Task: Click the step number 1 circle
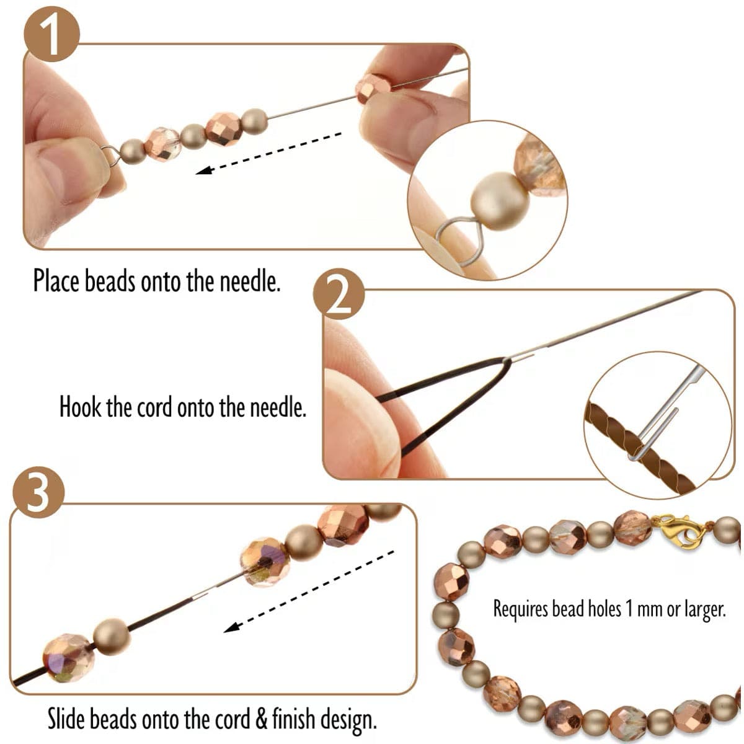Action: [x=52, y=36]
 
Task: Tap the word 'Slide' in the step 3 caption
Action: [x=67, y=720]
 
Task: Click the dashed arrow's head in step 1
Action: [x=203, y=169]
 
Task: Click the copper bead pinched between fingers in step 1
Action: [x=374, y=87]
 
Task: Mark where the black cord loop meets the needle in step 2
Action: [x=510, y=360]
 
